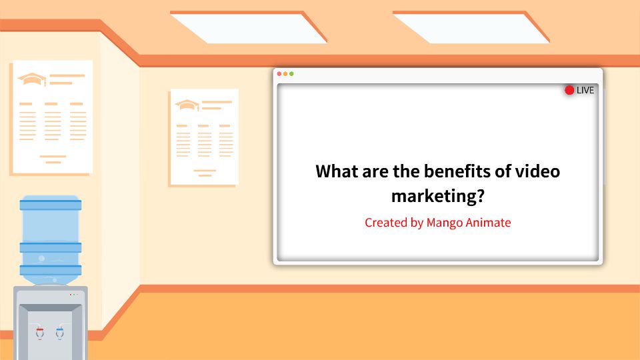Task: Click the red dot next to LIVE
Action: [x=569, y=90]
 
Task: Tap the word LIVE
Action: [x=585, y=90]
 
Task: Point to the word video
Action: [x=537, y=171]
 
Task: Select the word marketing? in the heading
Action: [x=437, y=197]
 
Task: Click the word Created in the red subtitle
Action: [x=386, y=223]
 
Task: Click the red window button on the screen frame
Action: [x=279, y=73]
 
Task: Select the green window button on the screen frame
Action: [x=291, y=73]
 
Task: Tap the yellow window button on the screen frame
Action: [x=285, y=73]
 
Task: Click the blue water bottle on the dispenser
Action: [x=51, y=237]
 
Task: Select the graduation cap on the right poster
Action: [x=187, y=105]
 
